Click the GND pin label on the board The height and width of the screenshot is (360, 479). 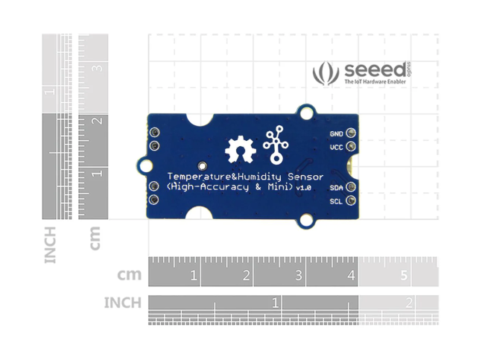click(x=336, y=133)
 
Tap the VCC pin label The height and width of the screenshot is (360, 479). click(x=336, y=148)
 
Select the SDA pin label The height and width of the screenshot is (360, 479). click(x=336, y=188)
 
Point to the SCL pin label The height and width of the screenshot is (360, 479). click(x=336, y=201)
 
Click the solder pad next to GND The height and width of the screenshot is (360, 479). click(x=350, y=133)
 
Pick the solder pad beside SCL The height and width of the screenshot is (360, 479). click(x=350, y=200)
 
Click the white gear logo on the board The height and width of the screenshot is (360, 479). click(x=241, y=149)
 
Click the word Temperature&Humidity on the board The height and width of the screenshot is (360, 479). click(x=215, y=177)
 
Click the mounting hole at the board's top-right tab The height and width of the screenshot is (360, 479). click(x=306, y=111)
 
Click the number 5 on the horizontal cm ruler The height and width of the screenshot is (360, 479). click(x=403, y=277)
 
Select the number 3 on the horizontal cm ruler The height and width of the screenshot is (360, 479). click(x=298, y=277)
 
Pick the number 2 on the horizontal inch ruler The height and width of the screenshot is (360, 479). click(x=409, y=303)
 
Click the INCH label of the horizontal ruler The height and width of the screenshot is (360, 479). click(x=122, y=303)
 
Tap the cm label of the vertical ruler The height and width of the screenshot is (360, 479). click(x=95, y=238)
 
